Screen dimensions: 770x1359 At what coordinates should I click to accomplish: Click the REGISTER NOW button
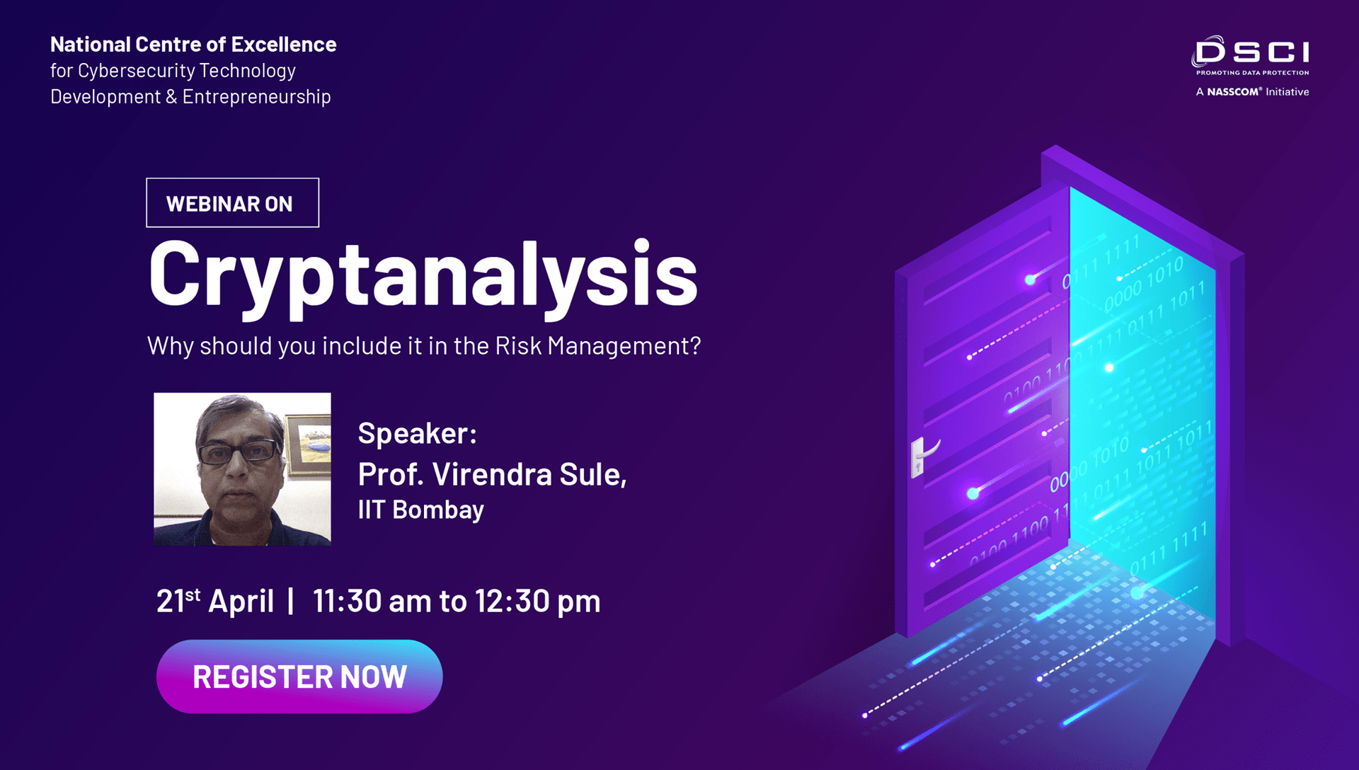tap(299, 677)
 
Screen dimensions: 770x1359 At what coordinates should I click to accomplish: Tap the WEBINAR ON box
tap(232, 203)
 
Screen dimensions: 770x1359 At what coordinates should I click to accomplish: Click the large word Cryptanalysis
tap(423, 275)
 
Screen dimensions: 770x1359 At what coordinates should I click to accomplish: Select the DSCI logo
tap(1251, 52)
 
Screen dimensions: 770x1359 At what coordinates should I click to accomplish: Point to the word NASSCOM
tap(1234, 92)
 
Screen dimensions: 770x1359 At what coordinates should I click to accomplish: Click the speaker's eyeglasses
tap(239, 452)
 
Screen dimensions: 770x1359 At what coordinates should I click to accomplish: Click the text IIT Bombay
tap(420, 510)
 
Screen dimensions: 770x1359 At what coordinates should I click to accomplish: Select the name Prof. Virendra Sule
tap(492, 474)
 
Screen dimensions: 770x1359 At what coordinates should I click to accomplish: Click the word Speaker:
tap(417, 433)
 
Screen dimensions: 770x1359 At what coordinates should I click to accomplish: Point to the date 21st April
tap(214, 602)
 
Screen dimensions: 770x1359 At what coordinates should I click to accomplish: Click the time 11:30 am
tap(372, 602)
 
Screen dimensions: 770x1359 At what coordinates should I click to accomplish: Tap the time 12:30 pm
tap(537, 602)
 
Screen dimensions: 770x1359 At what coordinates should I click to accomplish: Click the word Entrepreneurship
tap(256, 97)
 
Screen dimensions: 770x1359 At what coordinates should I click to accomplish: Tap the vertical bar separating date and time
tap(291, 602)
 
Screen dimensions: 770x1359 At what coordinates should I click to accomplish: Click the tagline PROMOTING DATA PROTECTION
tap(1252, 73)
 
